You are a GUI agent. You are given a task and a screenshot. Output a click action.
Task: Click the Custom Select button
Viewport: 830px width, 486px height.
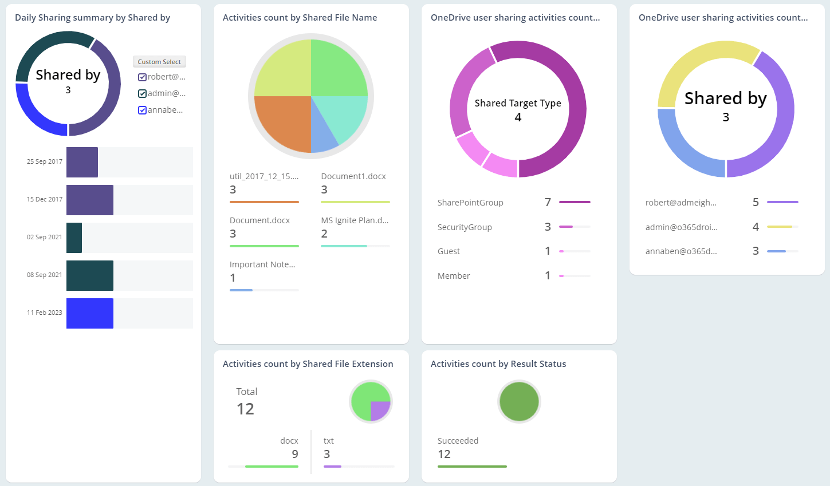tap(159, 62)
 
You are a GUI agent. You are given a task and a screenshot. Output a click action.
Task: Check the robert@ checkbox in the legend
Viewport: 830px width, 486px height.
tap(143, 77)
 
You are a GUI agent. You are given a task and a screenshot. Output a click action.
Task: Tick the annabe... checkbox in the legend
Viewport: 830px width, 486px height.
tap(143, 110)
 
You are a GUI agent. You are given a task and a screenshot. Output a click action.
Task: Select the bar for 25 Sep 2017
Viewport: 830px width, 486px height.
tap(82, 162)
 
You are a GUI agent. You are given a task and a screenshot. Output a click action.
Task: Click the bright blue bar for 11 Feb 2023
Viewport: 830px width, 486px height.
tap(90, 313)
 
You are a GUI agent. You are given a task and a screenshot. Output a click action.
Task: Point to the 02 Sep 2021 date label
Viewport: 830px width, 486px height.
tap(44, 237)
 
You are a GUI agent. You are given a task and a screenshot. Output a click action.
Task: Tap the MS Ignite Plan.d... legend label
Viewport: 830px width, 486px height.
tap(355, 220)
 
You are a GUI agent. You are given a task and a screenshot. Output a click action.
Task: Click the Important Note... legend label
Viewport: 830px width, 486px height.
tap(262, 264)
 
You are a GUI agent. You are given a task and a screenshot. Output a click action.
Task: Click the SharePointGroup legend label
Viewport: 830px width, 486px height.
tap(470, 203)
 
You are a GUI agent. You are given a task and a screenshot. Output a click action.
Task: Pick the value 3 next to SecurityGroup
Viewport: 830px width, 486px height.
tap(548, 227)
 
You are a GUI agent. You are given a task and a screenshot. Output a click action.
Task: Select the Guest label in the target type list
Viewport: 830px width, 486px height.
tap(449, 251)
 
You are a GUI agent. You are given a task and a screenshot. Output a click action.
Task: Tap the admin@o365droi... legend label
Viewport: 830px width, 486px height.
tap(681, 227)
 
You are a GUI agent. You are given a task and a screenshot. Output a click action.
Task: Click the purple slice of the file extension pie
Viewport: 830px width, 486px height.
tap(380, 410)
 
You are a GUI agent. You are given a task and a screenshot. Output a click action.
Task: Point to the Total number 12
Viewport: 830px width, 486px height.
tap(245, 409)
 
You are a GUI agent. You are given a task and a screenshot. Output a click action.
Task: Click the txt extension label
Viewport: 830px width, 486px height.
tap(328, 441)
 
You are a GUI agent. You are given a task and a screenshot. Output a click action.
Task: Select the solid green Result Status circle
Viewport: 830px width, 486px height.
tap(519, 401)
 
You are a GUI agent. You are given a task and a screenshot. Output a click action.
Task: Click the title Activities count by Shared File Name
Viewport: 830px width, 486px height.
tap(300, 18)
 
